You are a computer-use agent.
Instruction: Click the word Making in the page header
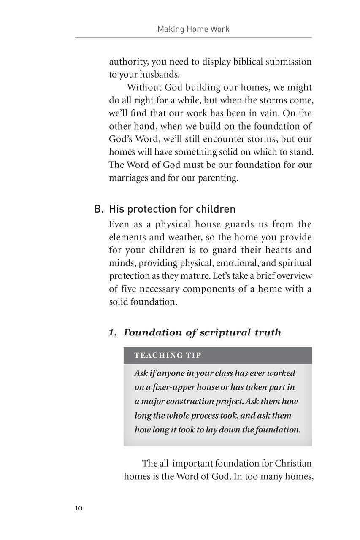[x=170, y=29]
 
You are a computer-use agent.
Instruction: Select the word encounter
[x=233, y=139]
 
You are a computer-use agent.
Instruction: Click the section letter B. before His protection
[x=98, y=209]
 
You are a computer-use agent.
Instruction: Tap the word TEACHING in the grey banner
[x=154, y=355]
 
